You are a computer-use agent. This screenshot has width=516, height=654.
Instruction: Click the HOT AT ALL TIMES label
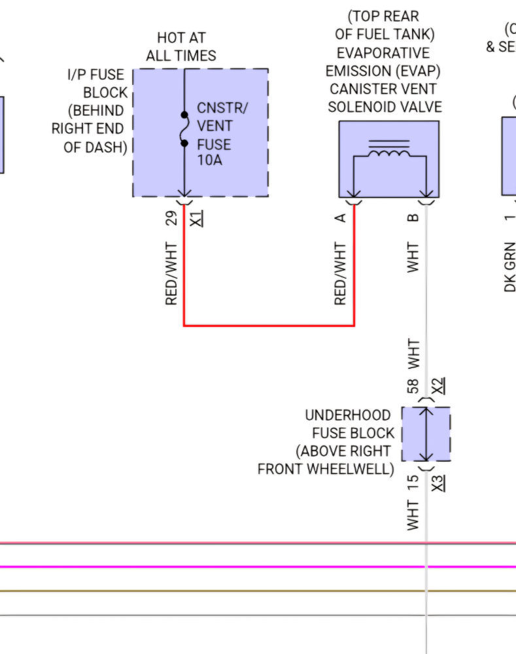pyautogui.click(x=181, y=47)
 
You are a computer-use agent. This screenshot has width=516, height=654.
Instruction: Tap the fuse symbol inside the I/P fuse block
pyautogui.click(x=184, y=129)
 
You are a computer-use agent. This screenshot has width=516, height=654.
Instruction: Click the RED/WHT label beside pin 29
pyautogui.click(x=172, y=274)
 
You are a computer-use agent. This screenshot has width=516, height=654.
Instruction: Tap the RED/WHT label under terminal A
pyautogui.click(x=341, y=274)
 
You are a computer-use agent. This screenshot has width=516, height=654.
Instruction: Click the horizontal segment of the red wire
pyautogui.click(x=269, y=325)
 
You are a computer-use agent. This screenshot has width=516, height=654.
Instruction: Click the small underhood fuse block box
pyautogui.click(x=426, y=434)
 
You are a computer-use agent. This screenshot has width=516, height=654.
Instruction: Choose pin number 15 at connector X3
pyautogui.click(x=413, y=483)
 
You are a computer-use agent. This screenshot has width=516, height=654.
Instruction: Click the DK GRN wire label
pyautogui.click(x=510, y=266)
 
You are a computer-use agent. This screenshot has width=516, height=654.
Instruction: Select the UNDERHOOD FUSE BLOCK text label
pyautogui.click(x=327, y=442)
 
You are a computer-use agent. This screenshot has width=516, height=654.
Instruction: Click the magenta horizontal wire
pyautogui.click(x=196, y=567)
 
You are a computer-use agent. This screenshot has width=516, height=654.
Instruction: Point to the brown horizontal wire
pyautogui.click(x=196, y=591)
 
